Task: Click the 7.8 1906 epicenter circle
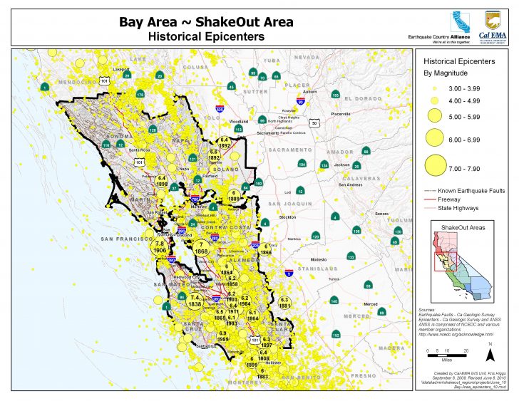[160, 247]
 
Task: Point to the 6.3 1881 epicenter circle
[284, 302]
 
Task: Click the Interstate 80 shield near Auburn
[300, 102]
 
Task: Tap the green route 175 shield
[140, 94]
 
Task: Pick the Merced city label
[370, 304]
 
